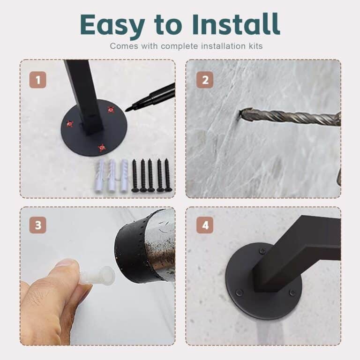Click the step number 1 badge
tap(38, 80)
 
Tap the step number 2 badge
tap(205, 80)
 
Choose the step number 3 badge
tap(38, 225)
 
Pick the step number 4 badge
tap(205, 225)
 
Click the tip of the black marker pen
tap(126, 111)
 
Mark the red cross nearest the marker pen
tap(111, 110)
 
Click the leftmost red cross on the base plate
tap(70, 124)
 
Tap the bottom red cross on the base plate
tap(101, 148)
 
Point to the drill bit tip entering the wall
tap(240, 113)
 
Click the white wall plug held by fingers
tap(98, 276)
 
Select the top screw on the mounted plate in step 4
tap(262, 251)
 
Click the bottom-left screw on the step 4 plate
tap(240, 292)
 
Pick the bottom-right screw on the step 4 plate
tap(292, 292)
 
